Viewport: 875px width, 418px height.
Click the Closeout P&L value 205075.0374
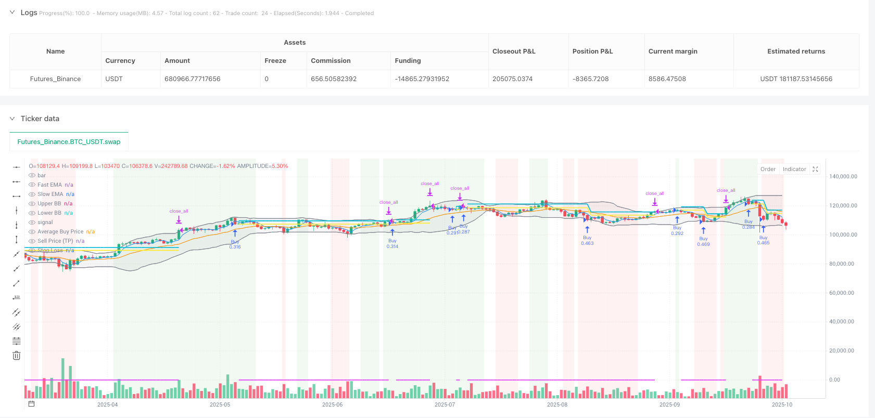[512, 79]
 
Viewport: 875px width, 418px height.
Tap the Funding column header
[408, 61]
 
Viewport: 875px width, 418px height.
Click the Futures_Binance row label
[55, 79]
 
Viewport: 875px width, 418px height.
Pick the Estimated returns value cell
[796, 79]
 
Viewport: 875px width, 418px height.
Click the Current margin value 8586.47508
[667, 79]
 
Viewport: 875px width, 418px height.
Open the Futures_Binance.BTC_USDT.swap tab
[69, 142]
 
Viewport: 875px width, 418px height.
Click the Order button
[768, 169]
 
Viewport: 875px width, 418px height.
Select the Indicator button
[794, 169]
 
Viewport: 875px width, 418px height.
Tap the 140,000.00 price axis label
[843, 177]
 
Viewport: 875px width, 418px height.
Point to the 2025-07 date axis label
[445, 404]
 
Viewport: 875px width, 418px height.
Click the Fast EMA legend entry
[49, 185]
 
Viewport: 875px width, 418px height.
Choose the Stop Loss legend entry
[50, 251]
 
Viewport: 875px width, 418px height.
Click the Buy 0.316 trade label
[235, 244]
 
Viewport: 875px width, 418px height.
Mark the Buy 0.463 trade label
[587, 240]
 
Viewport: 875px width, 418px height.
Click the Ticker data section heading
[40, 119]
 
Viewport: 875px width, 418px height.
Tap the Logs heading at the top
[29, 12]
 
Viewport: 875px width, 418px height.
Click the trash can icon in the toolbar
[17, 356]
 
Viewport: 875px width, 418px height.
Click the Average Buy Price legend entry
[60, 232]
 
